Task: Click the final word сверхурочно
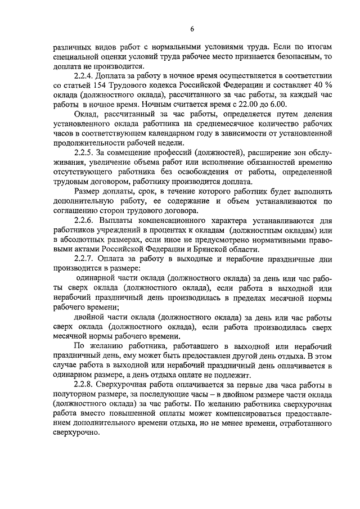tap(76, 433)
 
